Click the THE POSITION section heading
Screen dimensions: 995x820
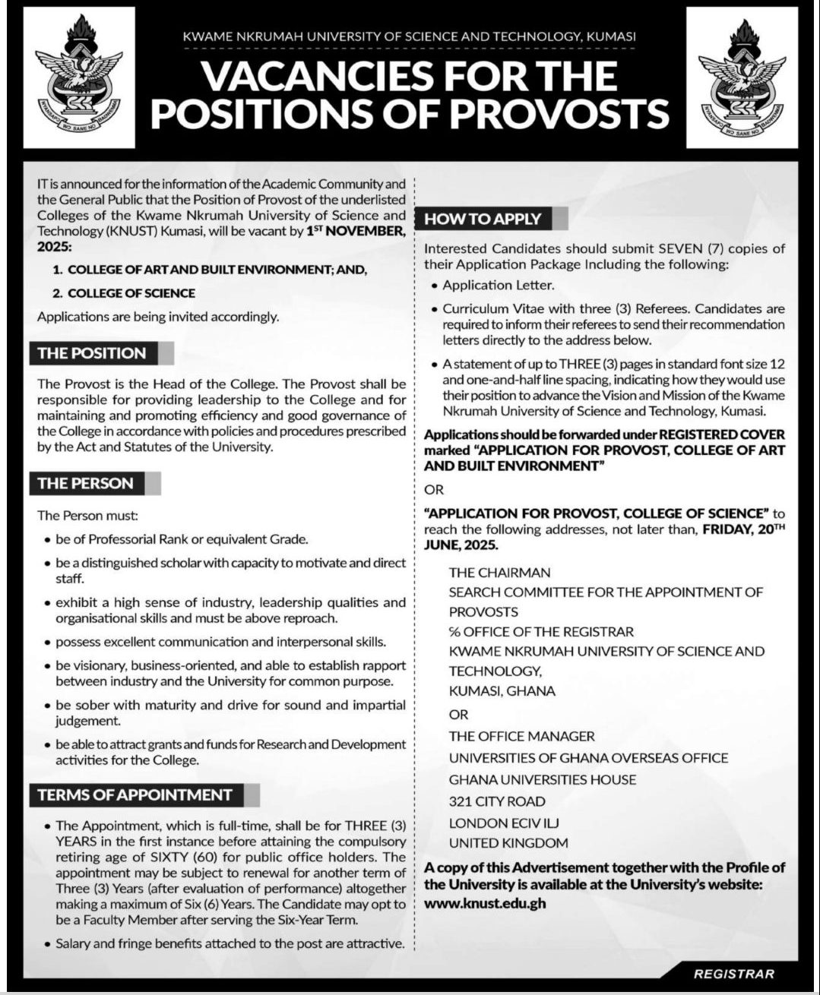[92, 353]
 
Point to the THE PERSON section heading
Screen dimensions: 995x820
[85, 483]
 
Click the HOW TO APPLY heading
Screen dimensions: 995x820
[483, 219]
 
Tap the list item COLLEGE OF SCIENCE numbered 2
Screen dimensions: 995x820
[131, 293]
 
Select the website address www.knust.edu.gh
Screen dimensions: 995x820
[485, 904]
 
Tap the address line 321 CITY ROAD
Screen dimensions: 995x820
[497, 801]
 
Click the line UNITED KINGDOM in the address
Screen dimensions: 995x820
[508, 843]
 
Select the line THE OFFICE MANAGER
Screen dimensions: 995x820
[521, 736]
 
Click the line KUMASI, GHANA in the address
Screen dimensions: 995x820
[502, 691]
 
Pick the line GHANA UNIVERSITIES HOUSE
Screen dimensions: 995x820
[543, 780]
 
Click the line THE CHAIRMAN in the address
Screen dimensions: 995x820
[499, 573]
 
